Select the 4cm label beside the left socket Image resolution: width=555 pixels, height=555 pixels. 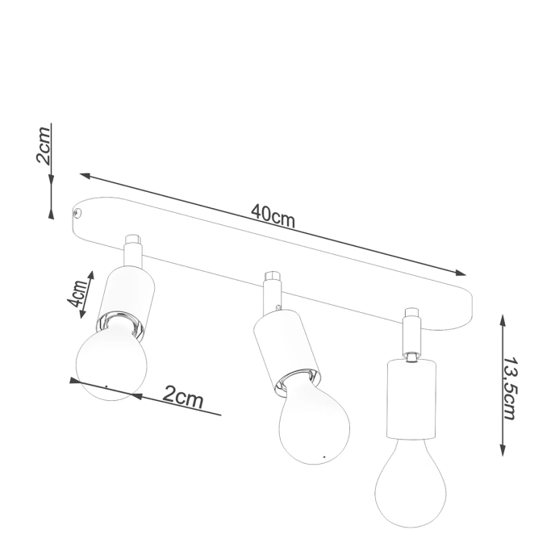(78, 295)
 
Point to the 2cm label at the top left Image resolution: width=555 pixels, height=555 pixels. (46, 145)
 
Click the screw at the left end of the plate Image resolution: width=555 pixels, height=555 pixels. (78, 213)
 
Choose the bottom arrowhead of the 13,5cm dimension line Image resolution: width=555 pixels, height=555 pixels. (502, 454)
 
